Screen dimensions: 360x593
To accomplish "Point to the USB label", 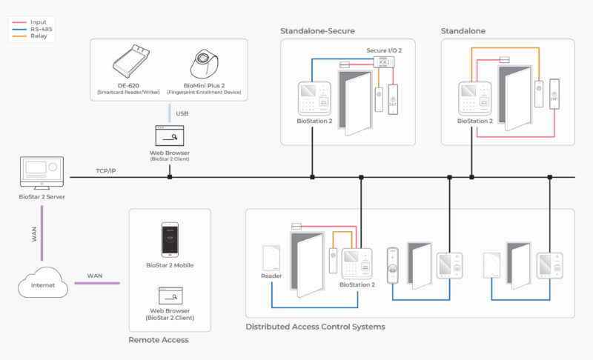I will pyautogui.click(x=181, y=113).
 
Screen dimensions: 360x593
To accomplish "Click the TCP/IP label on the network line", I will pyautogui.click(x=106, y=170).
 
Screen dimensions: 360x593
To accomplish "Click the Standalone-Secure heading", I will pyautogui.click(x=317, y=30).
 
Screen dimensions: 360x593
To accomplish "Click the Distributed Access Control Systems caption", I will pyautogui.click(x=315, y=327).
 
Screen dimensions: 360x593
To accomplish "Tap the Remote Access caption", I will pyautogui.click(x=159, y=340).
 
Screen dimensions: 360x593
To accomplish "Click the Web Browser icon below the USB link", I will pyautogui.click(x=169, y=137).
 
